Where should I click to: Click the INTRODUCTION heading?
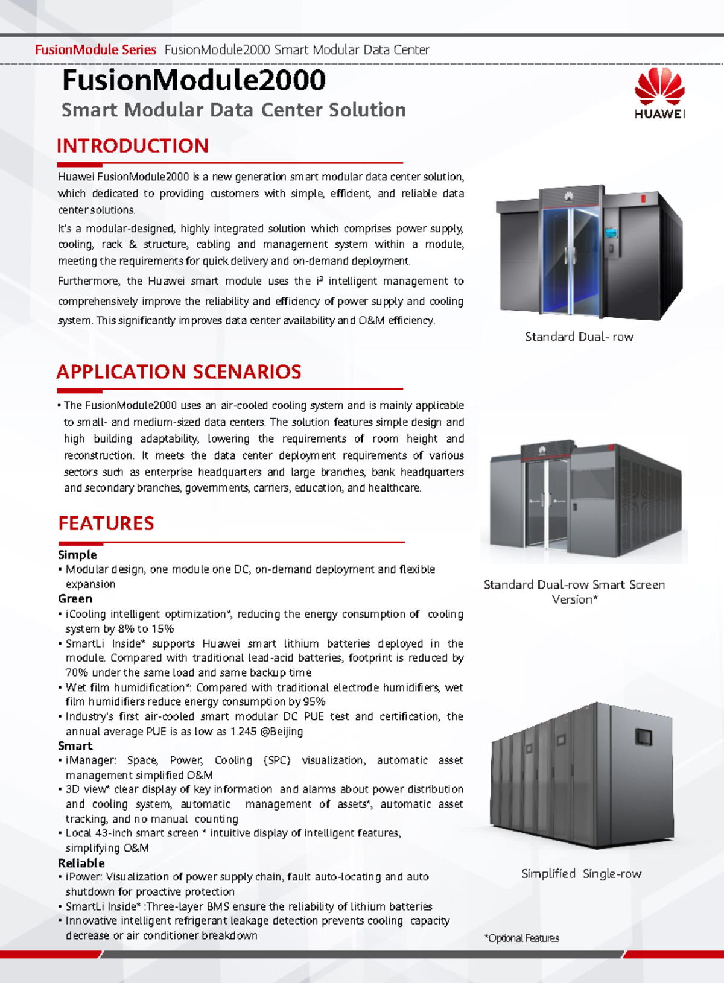pos(133,146)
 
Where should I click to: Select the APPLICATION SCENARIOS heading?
pos(179,371)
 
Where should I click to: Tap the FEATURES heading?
pos(106,523)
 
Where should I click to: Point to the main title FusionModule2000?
pos(194,80)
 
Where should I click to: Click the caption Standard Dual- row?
pos(579,337)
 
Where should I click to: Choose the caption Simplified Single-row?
pos(581,873)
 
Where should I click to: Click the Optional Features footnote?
pos(522,938)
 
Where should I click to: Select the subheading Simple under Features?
pos(77,555)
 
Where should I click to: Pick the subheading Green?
pos(75,599)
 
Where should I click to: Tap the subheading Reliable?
pos(81,863)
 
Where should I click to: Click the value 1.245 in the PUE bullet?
pos(243,732)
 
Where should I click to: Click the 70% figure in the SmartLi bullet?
pos(77,672)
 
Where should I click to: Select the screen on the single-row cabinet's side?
pos(644,736)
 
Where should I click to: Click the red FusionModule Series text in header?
pos(95,50)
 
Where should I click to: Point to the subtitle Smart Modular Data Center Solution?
pos(233,110)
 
